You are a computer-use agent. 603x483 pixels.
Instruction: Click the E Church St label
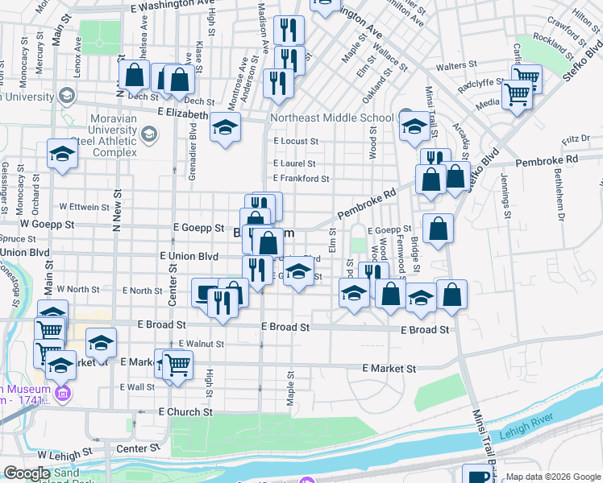click(185, 411)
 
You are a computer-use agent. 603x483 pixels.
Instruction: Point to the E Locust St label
click(295, 141)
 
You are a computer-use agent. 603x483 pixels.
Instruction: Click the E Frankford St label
click(301, 179)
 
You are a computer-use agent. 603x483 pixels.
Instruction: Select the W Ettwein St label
click(84, 207)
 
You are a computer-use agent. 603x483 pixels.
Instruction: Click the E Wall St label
click(136, 387)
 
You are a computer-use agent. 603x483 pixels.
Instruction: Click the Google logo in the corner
click(27, 473)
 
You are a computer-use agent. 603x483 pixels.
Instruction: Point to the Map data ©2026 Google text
click(553, 477)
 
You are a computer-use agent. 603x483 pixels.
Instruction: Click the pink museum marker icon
click(63, 394)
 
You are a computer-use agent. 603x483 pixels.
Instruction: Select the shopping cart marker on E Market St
click(177, 364)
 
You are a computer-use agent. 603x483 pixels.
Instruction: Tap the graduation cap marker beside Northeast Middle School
click(414, 125)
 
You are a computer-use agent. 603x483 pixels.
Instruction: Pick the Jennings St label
click(506, 195)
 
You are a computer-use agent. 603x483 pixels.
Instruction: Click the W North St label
click(77, 289)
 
